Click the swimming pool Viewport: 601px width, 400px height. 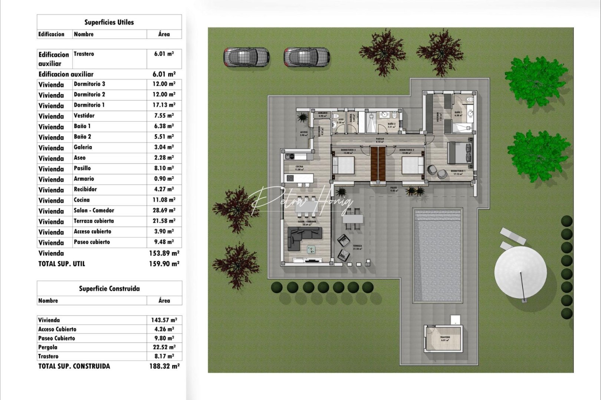(x=437, y=256)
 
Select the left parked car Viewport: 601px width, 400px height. (x=246, y=57)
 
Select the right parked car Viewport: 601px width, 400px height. (x=306, y=57)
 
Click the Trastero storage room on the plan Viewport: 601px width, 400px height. (x=444, y=339)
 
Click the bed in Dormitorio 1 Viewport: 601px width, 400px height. (x=460, y=153)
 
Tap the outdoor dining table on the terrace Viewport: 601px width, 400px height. (x=353, y=219)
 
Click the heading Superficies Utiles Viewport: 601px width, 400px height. (x=109, y=22)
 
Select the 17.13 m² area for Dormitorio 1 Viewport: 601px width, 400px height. (x=164, y=105)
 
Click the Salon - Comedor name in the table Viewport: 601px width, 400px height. (x=94, y=210)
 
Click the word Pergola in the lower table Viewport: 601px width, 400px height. (x=48, y=347)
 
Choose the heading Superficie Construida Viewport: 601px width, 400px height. (x=109, y=289)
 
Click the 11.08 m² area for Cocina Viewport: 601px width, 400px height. (x=164, y=200)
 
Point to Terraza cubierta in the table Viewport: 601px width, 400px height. (x=94, y=221)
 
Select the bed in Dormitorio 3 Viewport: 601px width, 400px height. (x=343, y=165)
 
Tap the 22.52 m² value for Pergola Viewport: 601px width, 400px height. (x=164, y=347)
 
